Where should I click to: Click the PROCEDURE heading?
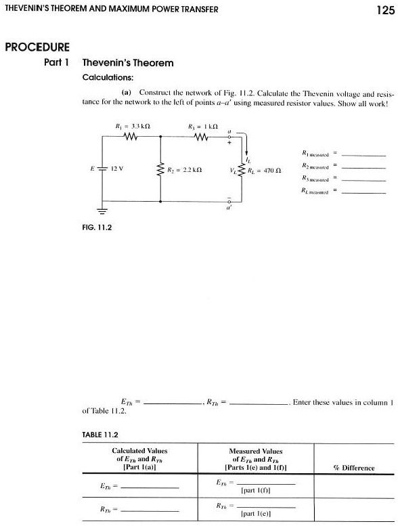37,47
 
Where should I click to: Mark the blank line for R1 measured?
363,155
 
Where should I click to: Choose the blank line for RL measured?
363,192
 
